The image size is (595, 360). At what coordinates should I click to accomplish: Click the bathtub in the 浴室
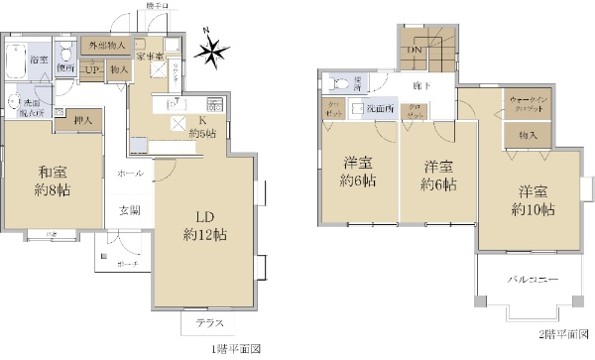(17, 60)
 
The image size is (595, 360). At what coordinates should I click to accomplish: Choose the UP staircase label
(91, 70)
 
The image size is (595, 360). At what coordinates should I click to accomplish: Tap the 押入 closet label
(83, 120)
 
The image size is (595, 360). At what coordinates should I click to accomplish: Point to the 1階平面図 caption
(234, 349)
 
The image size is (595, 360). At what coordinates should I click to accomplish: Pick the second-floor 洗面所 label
(379, 107)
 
